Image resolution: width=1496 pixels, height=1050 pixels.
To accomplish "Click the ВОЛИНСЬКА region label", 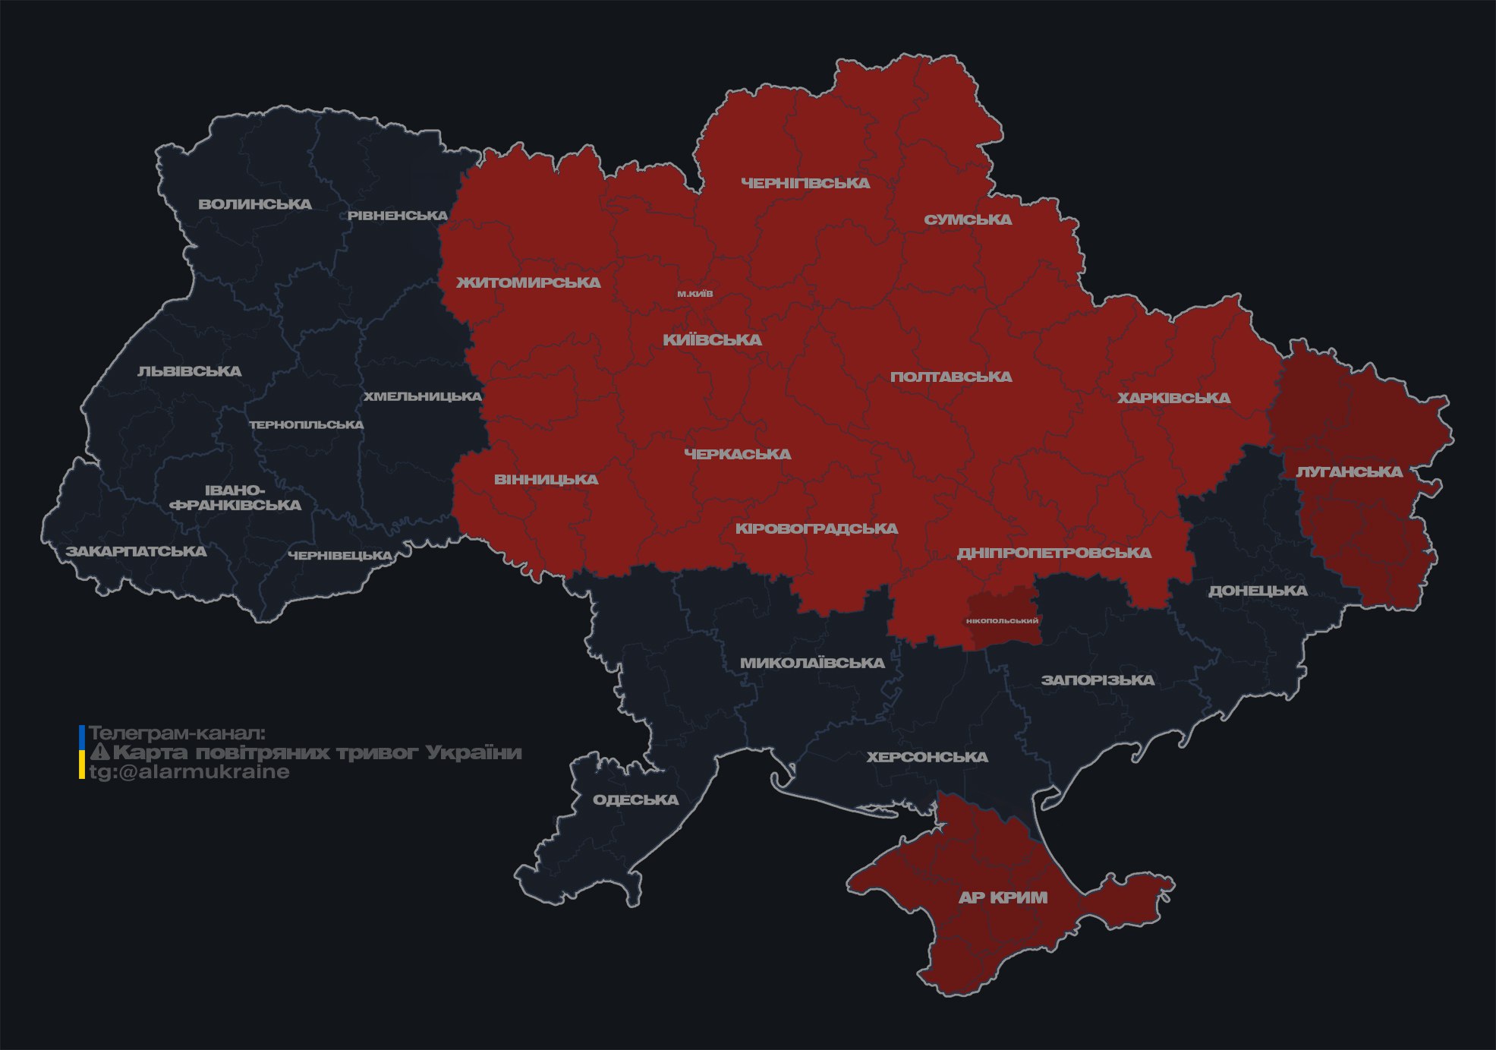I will [x=255, y=204].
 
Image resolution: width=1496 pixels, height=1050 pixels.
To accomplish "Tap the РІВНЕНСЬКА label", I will [x=398, y=216].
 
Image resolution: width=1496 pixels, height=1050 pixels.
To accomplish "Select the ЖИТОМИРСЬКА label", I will [x=528, y=282].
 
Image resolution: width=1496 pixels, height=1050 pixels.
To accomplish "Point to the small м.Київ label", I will [x=695, y=294].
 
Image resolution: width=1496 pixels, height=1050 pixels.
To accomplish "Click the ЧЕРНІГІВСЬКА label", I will [x=805, y=183].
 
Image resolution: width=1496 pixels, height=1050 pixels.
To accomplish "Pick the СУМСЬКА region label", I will [x=968, y=219].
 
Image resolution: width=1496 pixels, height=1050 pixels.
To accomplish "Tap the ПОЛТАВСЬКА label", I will [x=951, y=377].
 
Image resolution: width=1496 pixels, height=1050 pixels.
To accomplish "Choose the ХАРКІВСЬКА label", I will [x=1173, y=398].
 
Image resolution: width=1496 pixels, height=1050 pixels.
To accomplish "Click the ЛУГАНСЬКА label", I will [x=1350, y=471].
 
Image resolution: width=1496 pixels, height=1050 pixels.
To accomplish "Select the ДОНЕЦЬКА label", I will [x=1258, y=591].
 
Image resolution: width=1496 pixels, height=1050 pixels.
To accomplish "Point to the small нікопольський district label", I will [x=1002, y=620].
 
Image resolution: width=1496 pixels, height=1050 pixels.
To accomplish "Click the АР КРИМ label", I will [x=1003, y=897].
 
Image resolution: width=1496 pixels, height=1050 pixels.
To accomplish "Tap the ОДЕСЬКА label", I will [x=635, y=799].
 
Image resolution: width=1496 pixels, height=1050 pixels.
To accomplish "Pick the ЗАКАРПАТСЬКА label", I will [x=136, y=551].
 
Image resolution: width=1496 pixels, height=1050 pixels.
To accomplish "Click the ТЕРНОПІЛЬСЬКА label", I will [x=307, y=424].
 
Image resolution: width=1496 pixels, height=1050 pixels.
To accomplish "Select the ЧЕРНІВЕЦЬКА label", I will [x=340, y=556].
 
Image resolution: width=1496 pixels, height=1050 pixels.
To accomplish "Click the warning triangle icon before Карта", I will [x=99, y=752].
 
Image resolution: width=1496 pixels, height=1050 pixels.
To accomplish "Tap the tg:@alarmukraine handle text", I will [x=189, y=772].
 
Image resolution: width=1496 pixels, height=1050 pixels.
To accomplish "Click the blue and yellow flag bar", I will [x=82, y=752].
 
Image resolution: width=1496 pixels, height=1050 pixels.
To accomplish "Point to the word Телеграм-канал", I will [x=177, y=733].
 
